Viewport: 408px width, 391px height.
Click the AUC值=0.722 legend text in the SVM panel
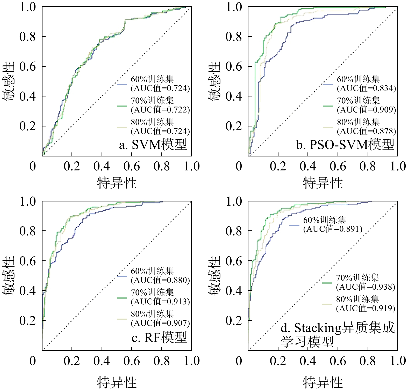coord(160,110)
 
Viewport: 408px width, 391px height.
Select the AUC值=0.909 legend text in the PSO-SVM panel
coord(366,110)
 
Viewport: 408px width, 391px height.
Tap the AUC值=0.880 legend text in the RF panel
coord(160,280)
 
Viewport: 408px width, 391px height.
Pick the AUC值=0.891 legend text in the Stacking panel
coord(333,229)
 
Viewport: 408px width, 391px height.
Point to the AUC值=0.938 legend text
coord(366,287)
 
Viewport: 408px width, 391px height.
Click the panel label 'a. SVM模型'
coord(153,145)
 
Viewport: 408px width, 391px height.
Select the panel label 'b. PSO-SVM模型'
coord(345,145)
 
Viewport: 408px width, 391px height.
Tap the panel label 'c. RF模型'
coord(159,338)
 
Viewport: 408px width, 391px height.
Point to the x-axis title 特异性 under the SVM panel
coord(117,183)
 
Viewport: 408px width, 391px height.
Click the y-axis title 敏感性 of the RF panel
coord(8,276)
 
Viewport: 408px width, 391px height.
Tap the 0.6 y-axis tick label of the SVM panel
coord(27,66)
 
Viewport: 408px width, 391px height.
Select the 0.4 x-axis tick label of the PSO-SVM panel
coord(308,166)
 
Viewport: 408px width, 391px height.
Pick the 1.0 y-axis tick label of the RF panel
coord(27,201)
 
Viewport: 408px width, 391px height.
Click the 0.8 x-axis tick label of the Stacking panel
coord(368,361)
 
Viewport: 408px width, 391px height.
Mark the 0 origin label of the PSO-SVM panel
coord(239,166)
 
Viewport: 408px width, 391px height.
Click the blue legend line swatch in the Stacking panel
coord(294,225)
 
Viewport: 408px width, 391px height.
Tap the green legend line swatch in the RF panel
coord(122,298)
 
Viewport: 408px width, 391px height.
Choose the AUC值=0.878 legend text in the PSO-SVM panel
coord(366,131)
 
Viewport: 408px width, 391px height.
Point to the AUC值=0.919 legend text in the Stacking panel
coord(366,309)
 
